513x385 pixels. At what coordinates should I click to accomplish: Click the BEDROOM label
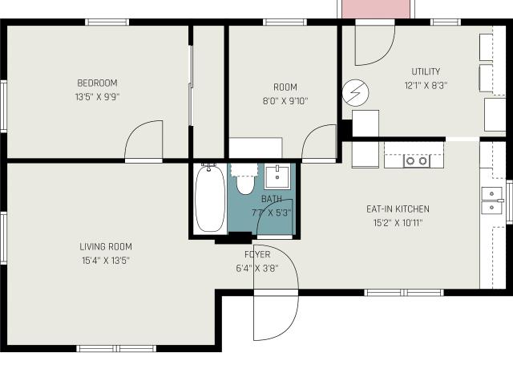point(97,83)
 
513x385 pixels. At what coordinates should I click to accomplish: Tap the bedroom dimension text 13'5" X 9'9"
point(97,97)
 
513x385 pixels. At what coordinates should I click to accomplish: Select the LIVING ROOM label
point(106,246)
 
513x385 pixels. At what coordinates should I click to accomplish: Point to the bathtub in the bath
point(210,198)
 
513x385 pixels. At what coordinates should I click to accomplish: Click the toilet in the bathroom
point(245,180)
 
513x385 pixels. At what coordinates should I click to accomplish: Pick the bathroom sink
point(277,177)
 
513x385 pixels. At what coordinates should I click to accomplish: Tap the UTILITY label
point(426,71)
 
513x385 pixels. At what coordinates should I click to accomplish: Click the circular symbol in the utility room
point(356,93)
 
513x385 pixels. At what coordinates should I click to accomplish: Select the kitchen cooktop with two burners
point(417,160)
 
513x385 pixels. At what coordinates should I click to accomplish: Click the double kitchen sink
point(491,201)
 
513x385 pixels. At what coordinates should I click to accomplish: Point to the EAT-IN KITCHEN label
point(398,209)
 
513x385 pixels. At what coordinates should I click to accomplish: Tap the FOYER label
point(257,254)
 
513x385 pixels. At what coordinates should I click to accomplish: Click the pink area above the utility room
point(376,9)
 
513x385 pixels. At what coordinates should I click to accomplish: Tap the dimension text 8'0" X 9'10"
point(285,101)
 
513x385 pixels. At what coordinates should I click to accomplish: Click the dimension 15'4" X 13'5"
point(106,261)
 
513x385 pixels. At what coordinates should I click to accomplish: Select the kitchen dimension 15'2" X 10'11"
point(398,223)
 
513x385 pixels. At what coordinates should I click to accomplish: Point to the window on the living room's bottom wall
point(116,348)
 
